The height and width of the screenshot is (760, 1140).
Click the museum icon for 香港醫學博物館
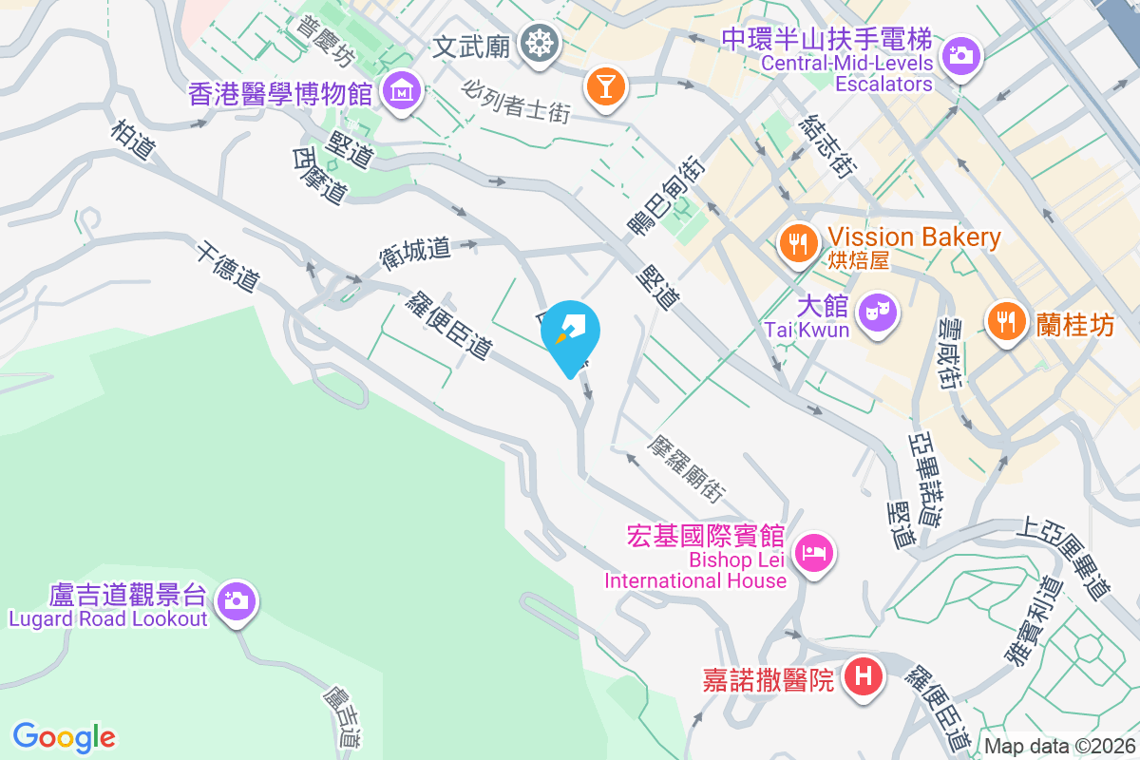click(404, 91)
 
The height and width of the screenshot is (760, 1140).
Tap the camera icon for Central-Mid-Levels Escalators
click(961, 55)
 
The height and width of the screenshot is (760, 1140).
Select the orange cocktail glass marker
click(605, 85)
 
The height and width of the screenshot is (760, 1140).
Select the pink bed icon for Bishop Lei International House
click(814, 551)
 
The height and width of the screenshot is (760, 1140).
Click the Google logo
click(65, 736)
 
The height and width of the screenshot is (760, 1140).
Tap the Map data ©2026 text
click(1060, 747)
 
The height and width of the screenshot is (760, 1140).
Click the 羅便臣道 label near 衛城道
click(447, 325)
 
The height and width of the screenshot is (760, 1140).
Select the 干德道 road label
click(228, 268)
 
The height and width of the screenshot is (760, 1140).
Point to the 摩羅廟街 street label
click(685, 469)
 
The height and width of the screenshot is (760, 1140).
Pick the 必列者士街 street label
click(518, 100)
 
